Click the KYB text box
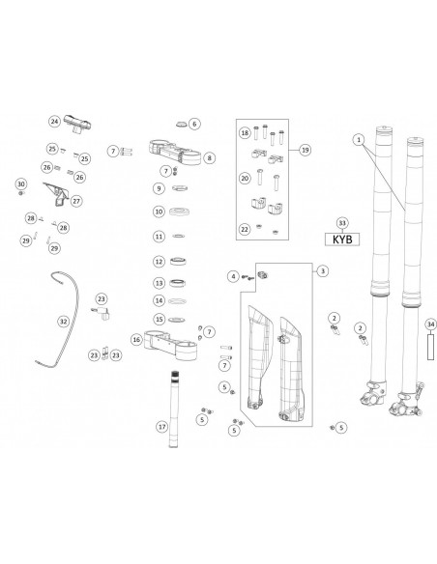point(342,240)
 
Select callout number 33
point(342,223)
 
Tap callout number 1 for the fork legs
point(359,140)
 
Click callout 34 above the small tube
point(431,324)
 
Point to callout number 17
point(162,427)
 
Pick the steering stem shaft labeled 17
point(174,409)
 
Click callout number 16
point(136,339)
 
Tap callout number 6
point(194,124)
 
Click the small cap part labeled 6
point(181,124)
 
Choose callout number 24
point(54,122)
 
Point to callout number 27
point(76,201)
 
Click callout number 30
point(21,184)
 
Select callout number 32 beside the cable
point(64,322)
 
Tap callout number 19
point(306,150)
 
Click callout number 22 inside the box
point(245,229)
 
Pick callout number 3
point(323,270)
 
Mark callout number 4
point(233,276)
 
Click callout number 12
point(159,262)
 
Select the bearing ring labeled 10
point(179,211)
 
